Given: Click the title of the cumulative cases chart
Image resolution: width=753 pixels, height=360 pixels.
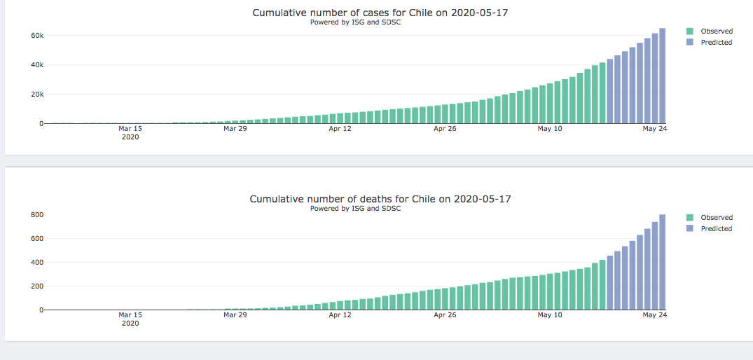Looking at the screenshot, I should [x=380, y=13].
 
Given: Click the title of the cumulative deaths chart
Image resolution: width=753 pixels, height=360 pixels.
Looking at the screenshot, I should [x=380, y=199].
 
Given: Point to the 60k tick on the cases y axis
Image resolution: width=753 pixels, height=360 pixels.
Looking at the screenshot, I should [x=36, y=35].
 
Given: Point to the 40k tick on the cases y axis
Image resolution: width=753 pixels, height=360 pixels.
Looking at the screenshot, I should [x=36, y=65].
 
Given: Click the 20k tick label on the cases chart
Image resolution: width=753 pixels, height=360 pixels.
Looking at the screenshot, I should [x=36, y=95].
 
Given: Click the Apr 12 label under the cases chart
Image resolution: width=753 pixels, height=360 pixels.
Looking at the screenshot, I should [x=340, y=129].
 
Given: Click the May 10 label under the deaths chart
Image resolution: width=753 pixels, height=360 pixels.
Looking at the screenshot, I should [x=550, y=315].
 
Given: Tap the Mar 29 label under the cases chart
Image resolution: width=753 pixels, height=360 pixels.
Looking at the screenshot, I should [x=235, y=129].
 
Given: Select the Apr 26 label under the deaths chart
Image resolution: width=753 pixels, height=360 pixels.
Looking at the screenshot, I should [x=445, y=315].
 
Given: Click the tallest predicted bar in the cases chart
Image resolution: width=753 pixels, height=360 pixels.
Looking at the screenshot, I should [x=662, y=77].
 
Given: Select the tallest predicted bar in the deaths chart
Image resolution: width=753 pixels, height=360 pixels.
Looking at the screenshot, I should [x=662, y=263].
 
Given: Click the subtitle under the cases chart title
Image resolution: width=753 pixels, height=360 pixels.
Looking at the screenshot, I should [x=355, y=22].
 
